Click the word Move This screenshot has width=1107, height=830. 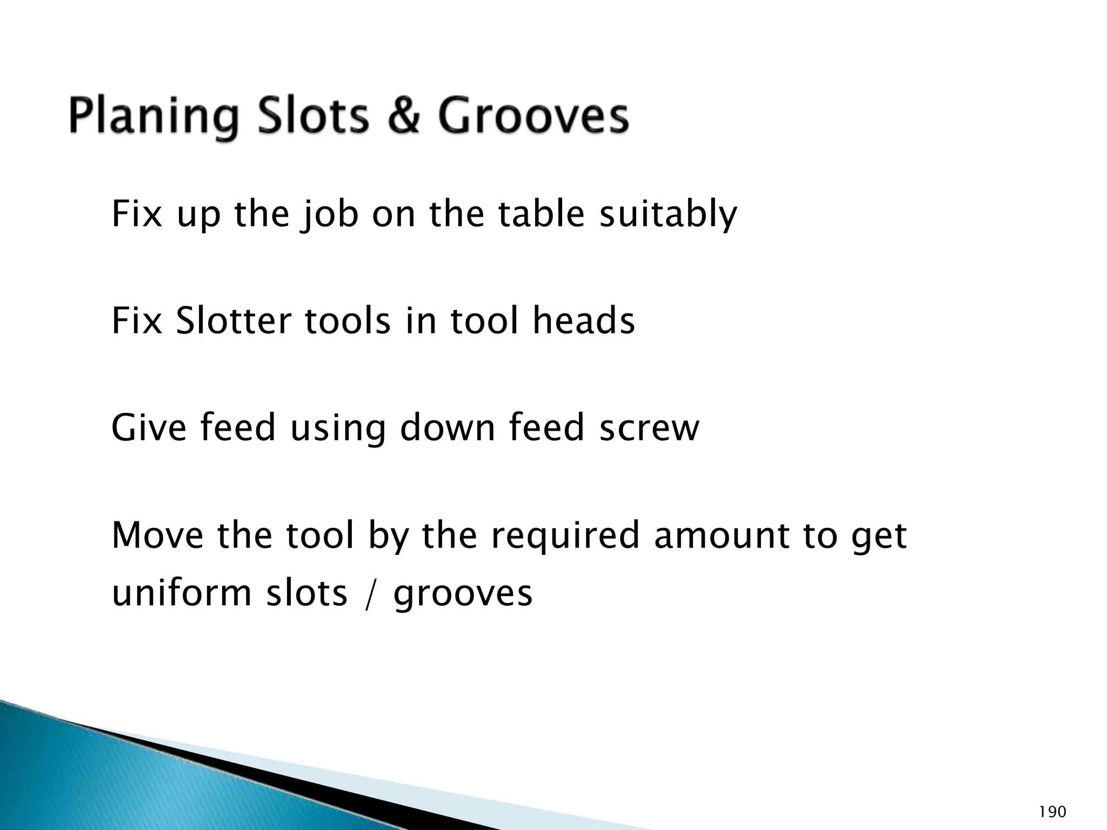click(157, 535)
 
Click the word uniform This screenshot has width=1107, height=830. click(182, 593)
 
